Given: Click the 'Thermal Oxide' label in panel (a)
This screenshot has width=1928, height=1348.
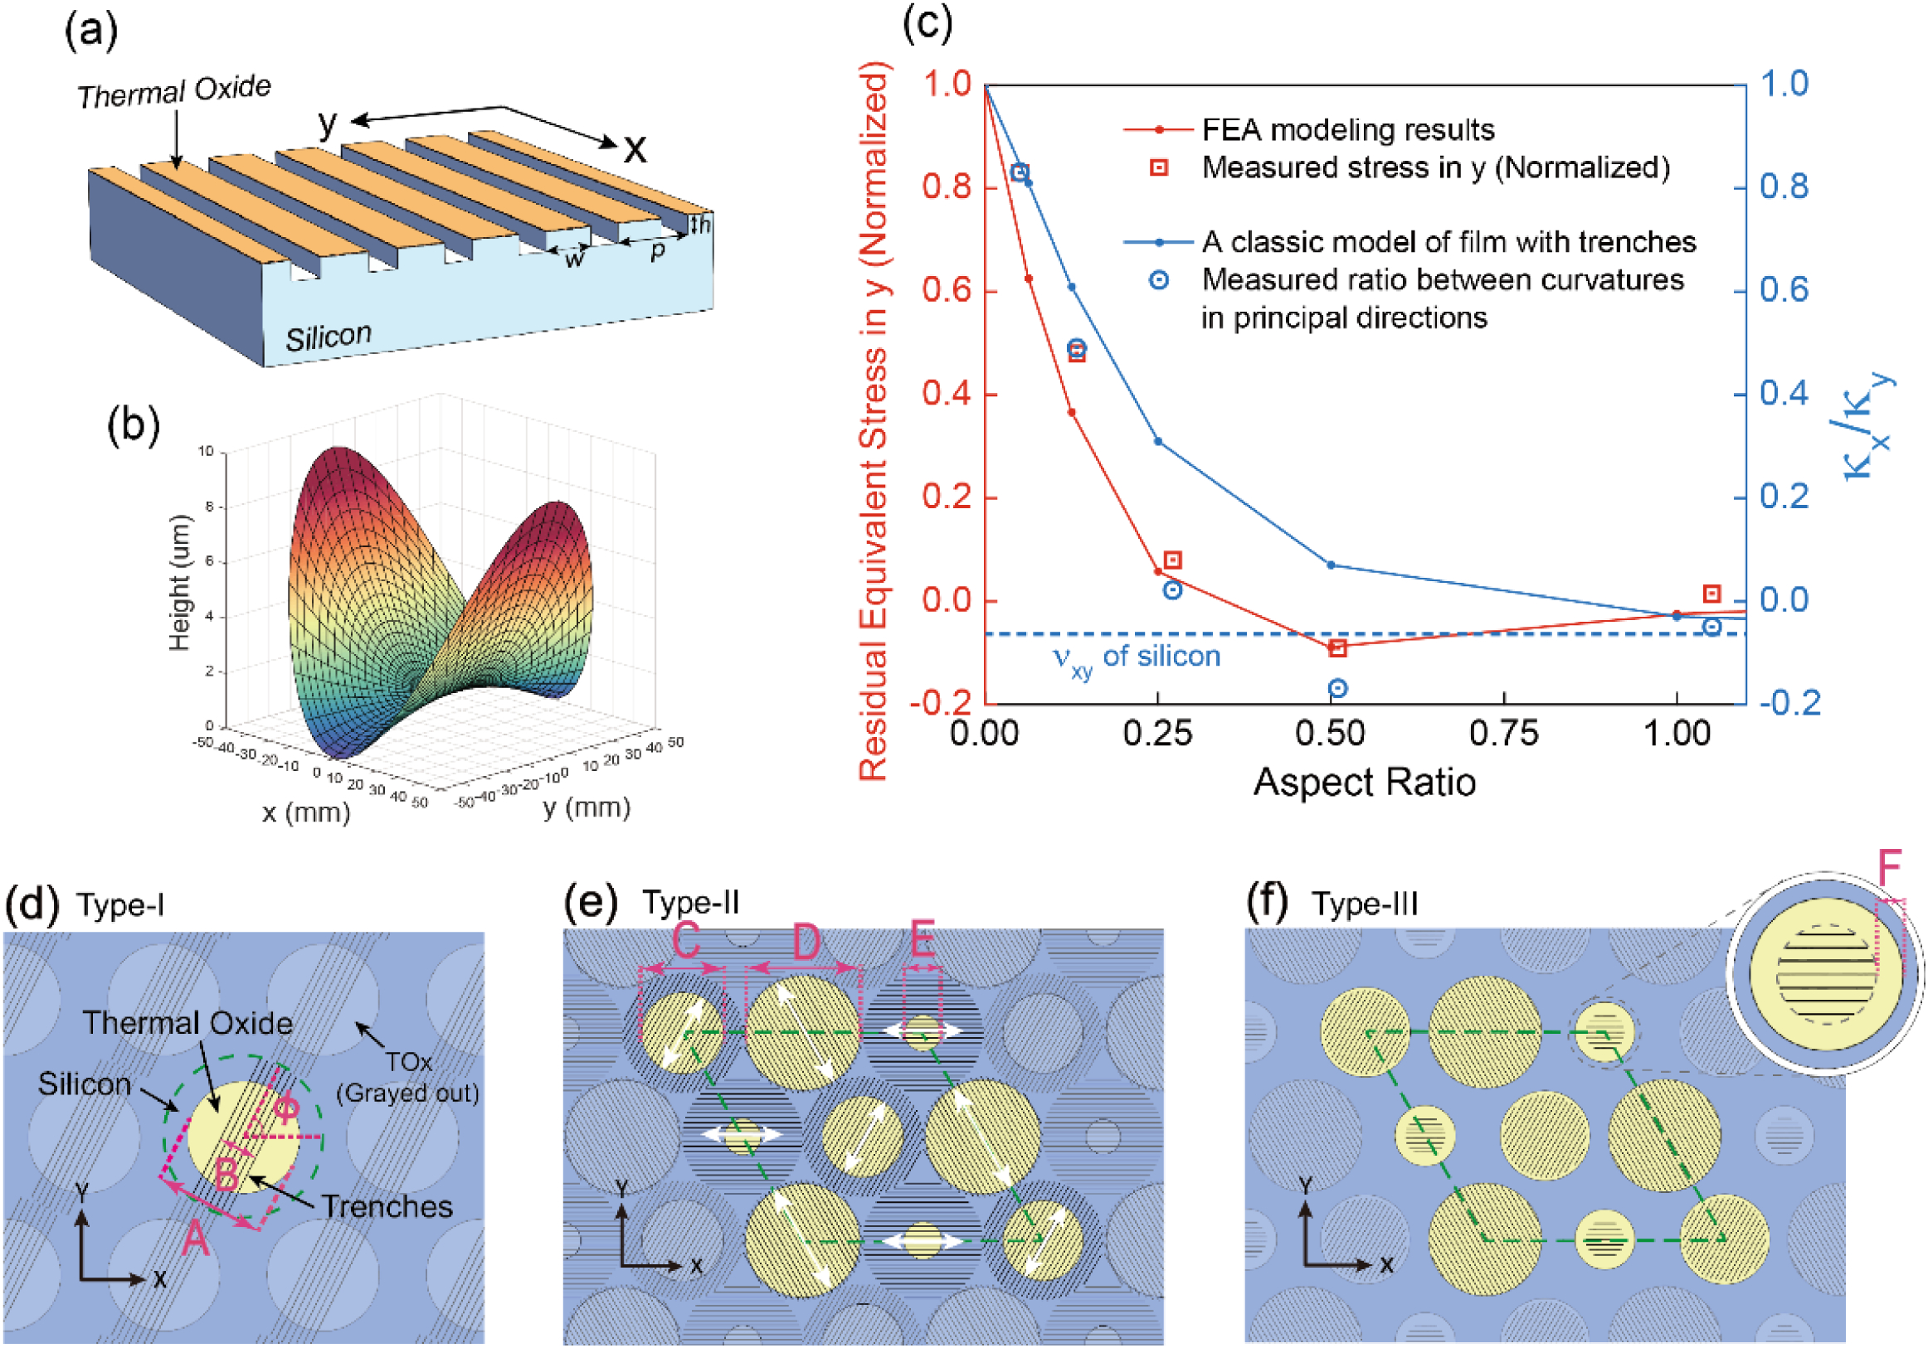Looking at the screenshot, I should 175,91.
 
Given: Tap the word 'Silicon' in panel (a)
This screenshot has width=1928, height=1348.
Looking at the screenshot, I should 329,337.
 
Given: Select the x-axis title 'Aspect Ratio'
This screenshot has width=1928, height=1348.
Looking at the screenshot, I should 1364,783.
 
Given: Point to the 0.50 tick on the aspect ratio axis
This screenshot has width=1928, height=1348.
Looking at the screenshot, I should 1330,734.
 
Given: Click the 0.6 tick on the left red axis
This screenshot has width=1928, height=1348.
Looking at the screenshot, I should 947,290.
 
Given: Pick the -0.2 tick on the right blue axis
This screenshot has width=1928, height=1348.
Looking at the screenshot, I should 1790,702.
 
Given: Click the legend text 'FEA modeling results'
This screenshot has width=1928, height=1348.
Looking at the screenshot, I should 1348,130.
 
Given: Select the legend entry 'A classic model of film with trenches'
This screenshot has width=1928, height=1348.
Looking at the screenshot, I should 1448,242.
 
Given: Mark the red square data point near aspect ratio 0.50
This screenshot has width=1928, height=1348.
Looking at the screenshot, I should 1337,648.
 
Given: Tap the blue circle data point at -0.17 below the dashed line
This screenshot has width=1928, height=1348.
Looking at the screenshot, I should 1337,689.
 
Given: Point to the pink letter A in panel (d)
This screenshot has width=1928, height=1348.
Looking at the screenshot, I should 196,1239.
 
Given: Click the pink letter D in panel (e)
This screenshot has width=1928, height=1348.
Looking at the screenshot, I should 806,942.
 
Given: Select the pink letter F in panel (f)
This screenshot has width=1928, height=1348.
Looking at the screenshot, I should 1889,869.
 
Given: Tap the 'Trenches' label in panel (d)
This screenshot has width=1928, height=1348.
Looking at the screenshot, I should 387,1206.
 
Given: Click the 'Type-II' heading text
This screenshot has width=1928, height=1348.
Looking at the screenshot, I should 690,903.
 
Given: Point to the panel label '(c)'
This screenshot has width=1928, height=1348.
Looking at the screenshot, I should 927,23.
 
